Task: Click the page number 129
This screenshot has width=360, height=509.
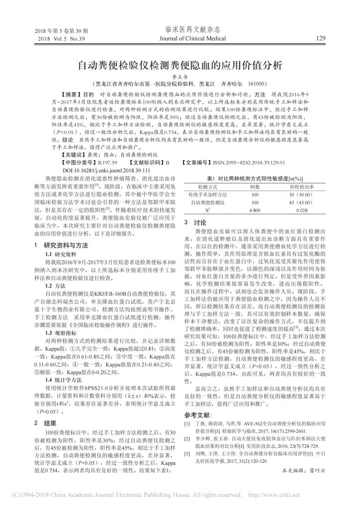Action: (x=320, y=37)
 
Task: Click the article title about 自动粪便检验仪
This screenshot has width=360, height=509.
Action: (x=180, y=65)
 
